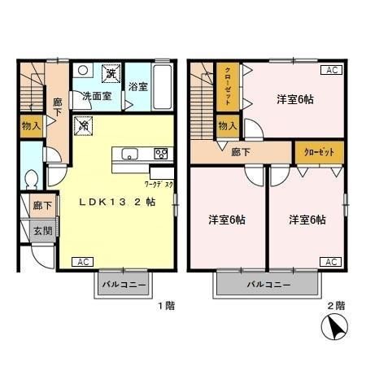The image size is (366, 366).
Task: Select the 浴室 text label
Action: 137,87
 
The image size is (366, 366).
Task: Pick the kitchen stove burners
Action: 160,153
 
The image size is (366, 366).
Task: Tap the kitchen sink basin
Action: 130,154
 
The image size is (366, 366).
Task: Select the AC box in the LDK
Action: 81,262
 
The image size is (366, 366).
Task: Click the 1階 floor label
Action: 165,307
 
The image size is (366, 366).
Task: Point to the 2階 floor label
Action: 336,307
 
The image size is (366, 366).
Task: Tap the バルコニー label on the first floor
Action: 124,285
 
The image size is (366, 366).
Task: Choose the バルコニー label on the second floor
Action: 264,285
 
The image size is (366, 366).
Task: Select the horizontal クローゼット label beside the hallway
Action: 318,152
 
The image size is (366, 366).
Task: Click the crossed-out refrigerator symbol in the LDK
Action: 83,125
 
